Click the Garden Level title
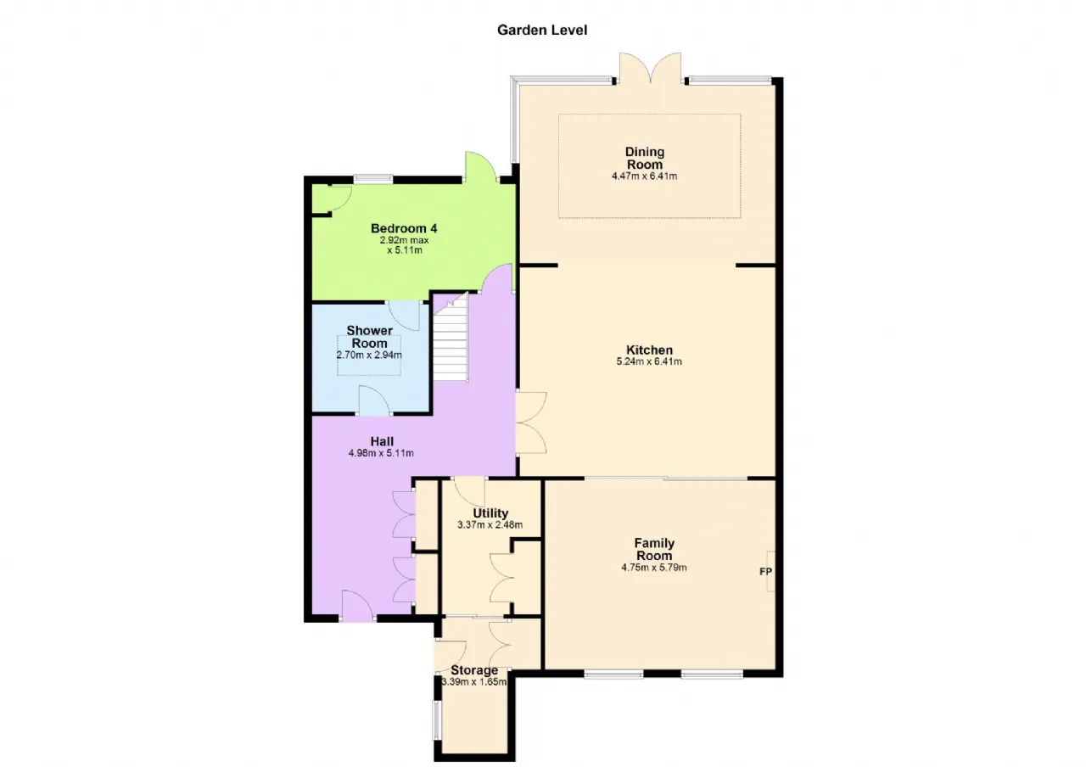click(x=542, y=30)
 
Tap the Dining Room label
click(x=644, y=158)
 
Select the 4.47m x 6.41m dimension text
click(x=644, y=176)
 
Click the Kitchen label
click(x=649, y=350)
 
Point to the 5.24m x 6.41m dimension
click(x=649, y=361)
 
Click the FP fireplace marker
click(x=765, y=572)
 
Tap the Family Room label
click(x=654, y=549)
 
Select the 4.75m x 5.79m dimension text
click(x=654, y=568)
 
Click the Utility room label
click(x=490, y=513)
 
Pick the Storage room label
click(x=474, y=670)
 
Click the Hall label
click(x=382, y=441)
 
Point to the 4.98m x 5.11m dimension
click(x=381, y=453)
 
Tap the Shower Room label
click(x=369, y=337)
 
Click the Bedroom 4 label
click(x=404, y=228)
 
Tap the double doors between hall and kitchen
click(x=531, y=423)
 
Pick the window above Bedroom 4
click(x=372, y=178)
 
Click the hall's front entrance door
click(x=358, y=606)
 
